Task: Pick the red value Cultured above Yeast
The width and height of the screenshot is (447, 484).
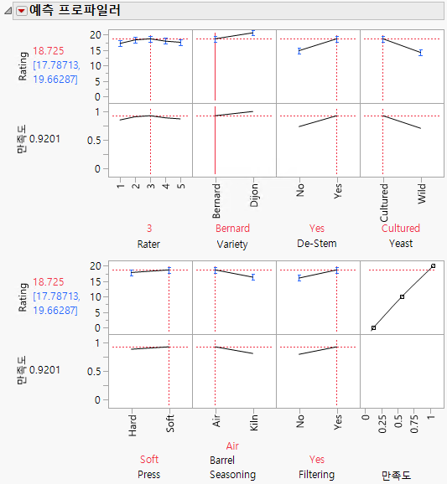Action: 401,228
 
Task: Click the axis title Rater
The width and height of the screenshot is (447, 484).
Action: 149,244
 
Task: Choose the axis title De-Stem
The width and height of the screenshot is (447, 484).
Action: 317,244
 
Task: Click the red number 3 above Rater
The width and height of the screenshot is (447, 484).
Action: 149,228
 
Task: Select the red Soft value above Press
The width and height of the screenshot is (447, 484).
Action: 149,460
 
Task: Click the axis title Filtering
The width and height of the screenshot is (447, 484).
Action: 317,475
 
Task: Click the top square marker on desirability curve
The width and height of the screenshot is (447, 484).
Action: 433,266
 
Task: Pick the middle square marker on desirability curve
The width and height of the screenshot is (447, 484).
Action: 403,297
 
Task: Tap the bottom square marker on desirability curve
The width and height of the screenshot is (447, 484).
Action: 373,327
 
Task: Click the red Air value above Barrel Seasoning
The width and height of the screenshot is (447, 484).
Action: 233,446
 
